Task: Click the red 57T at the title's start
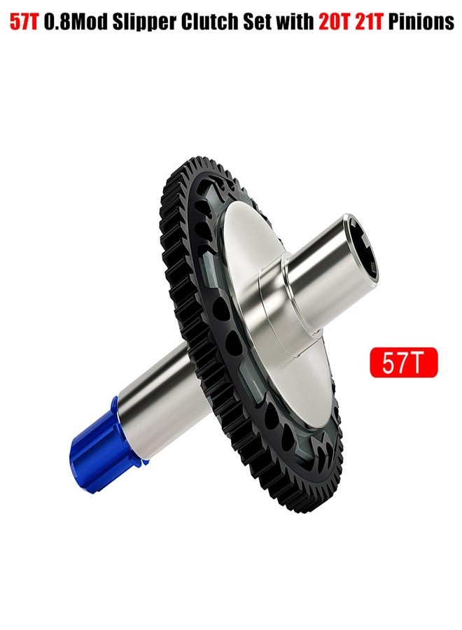[x=24, y=23]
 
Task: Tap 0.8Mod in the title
[x=76, y=23]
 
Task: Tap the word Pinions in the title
[x=421, y=23]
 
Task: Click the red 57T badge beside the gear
[x=403, y=363]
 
